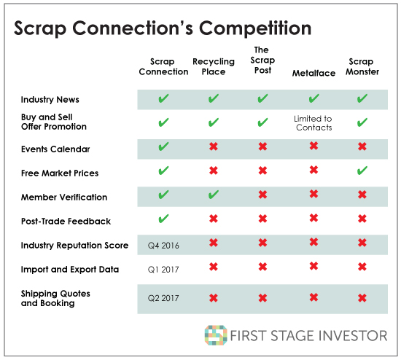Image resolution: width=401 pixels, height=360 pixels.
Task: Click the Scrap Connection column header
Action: click(x=163, y=66)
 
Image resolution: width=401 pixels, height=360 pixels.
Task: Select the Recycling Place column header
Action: click(x=214, y=66)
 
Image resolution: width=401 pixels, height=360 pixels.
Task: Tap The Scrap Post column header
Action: click(x=262, y=60)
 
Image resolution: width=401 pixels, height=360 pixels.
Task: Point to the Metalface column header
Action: click(x=314, y=73)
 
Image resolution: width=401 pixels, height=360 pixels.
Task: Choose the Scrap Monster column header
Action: click(x=362, y=66)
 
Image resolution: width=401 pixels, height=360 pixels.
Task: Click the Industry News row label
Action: click(x=50, y=99)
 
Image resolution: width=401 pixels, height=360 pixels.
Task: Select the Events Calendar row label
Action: click(x=55, y=149)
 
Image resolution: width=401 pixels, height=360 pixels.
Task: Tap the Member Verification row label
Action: click(x=64, y=197)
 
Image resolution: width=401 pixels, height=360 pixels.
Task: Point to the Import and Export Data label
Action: click(x=70, y=269)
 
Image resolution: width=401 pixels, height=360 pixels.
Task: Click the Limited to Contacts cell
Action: click(x=314, y=123)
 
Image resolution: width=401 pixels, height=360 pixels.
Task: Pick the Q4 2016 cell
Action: click(x=163, y=246)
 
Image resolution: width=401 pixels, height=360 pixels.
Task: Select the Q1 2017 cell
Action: click(x=163, y=270)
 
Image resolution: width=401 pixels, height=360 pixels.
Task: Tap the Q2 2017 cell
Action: click(x=163, y=298)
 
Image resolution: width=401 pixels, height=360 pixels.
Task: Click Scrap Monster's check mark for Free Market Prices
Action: click(x=362, y=171)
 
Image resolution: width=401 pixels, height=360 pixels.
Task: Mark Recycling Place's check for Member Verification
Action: click(x=214, y=195)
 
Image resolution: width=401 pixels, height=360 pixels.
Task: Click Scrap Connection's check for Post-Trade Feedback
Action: click(x=163, y=219)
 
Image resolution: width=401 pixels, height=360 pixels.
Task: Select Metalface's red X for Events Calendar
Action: click(x=314, y=146)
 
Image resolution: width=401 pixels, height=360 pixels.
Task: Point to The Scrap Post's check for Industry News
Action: click(x=262, y=98)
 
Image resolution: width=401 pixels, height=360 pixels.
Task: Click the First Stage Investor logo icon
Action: click(x=216, y=335)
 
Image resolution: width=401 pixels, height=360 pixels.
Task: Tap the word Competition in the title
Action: click(x=255, y=28)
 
